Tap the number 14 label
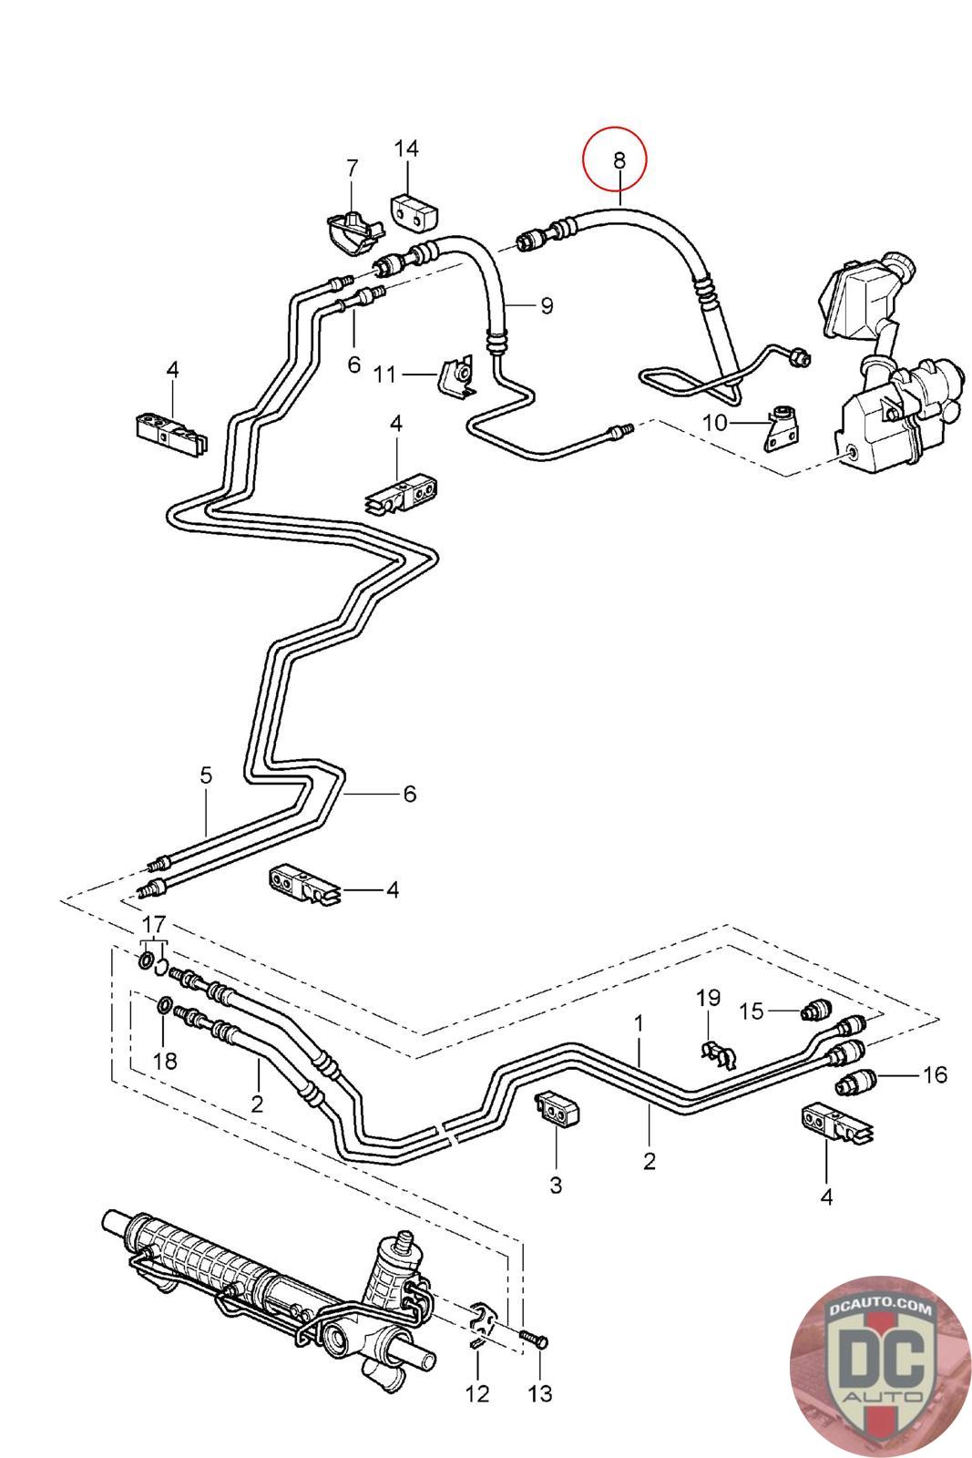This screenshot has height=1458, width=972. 406,149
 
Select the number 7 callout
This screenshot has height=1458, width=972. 352,168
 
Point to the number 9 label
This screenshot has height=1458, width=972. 547,305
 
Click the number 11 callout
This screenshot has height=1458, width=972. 384,375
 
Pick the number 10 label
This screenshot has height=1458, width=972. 714,423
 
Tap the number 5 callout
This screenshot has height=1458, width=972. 206,775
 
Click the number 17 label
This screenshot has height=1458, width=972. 154,924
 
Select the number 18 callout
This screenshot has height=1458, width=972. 165,1061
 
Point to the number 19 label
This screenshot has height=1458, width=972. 709,997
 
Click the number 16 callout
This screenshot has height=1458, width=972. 935,1074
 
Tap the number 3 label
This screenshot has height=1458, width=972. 556,1185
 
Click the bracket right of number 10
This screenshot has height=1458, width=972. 783,429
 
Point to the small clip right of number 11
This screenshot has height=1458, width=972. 457,377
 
